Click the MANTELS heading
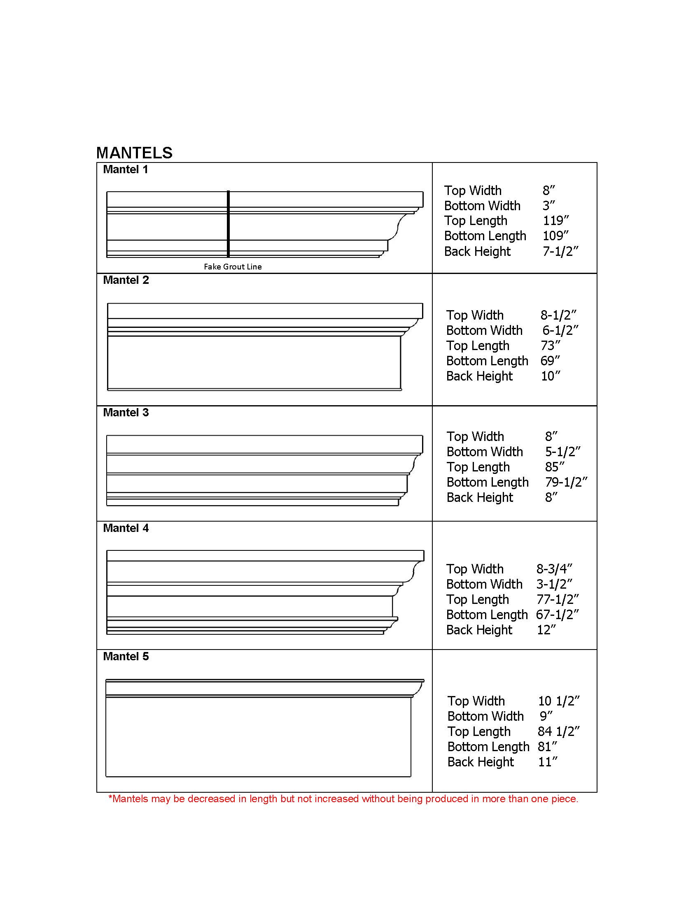[134, 153]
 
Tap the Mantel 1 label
[125, 169]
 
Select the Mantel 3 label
[126, 413]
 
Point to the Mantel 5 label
[126, 657]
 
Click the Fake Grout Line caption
[233, 267]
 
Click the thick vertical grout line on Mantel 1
[228, 224]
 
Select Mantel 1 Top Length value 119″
[556, 221]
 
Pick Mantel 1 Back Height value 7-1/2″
[560, 251]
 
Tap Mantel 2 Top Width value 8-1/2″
[558, 316]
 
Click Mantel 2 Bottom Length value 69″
[550, 361]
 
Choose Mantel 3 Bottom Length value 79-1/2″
[566, 483]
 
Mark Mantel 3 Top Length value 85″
[555, 467]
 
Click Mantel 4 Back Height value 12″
[546, 630]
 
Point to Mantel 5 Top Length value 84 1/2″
[559, 731]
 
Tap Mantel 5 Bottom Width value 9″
[546, 716]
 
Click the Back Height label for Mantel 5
[481, 761]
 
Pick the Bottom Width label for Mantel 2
[484, 331]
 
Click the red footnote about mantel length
[343, 798]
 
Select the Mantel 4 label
[126, 528]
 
